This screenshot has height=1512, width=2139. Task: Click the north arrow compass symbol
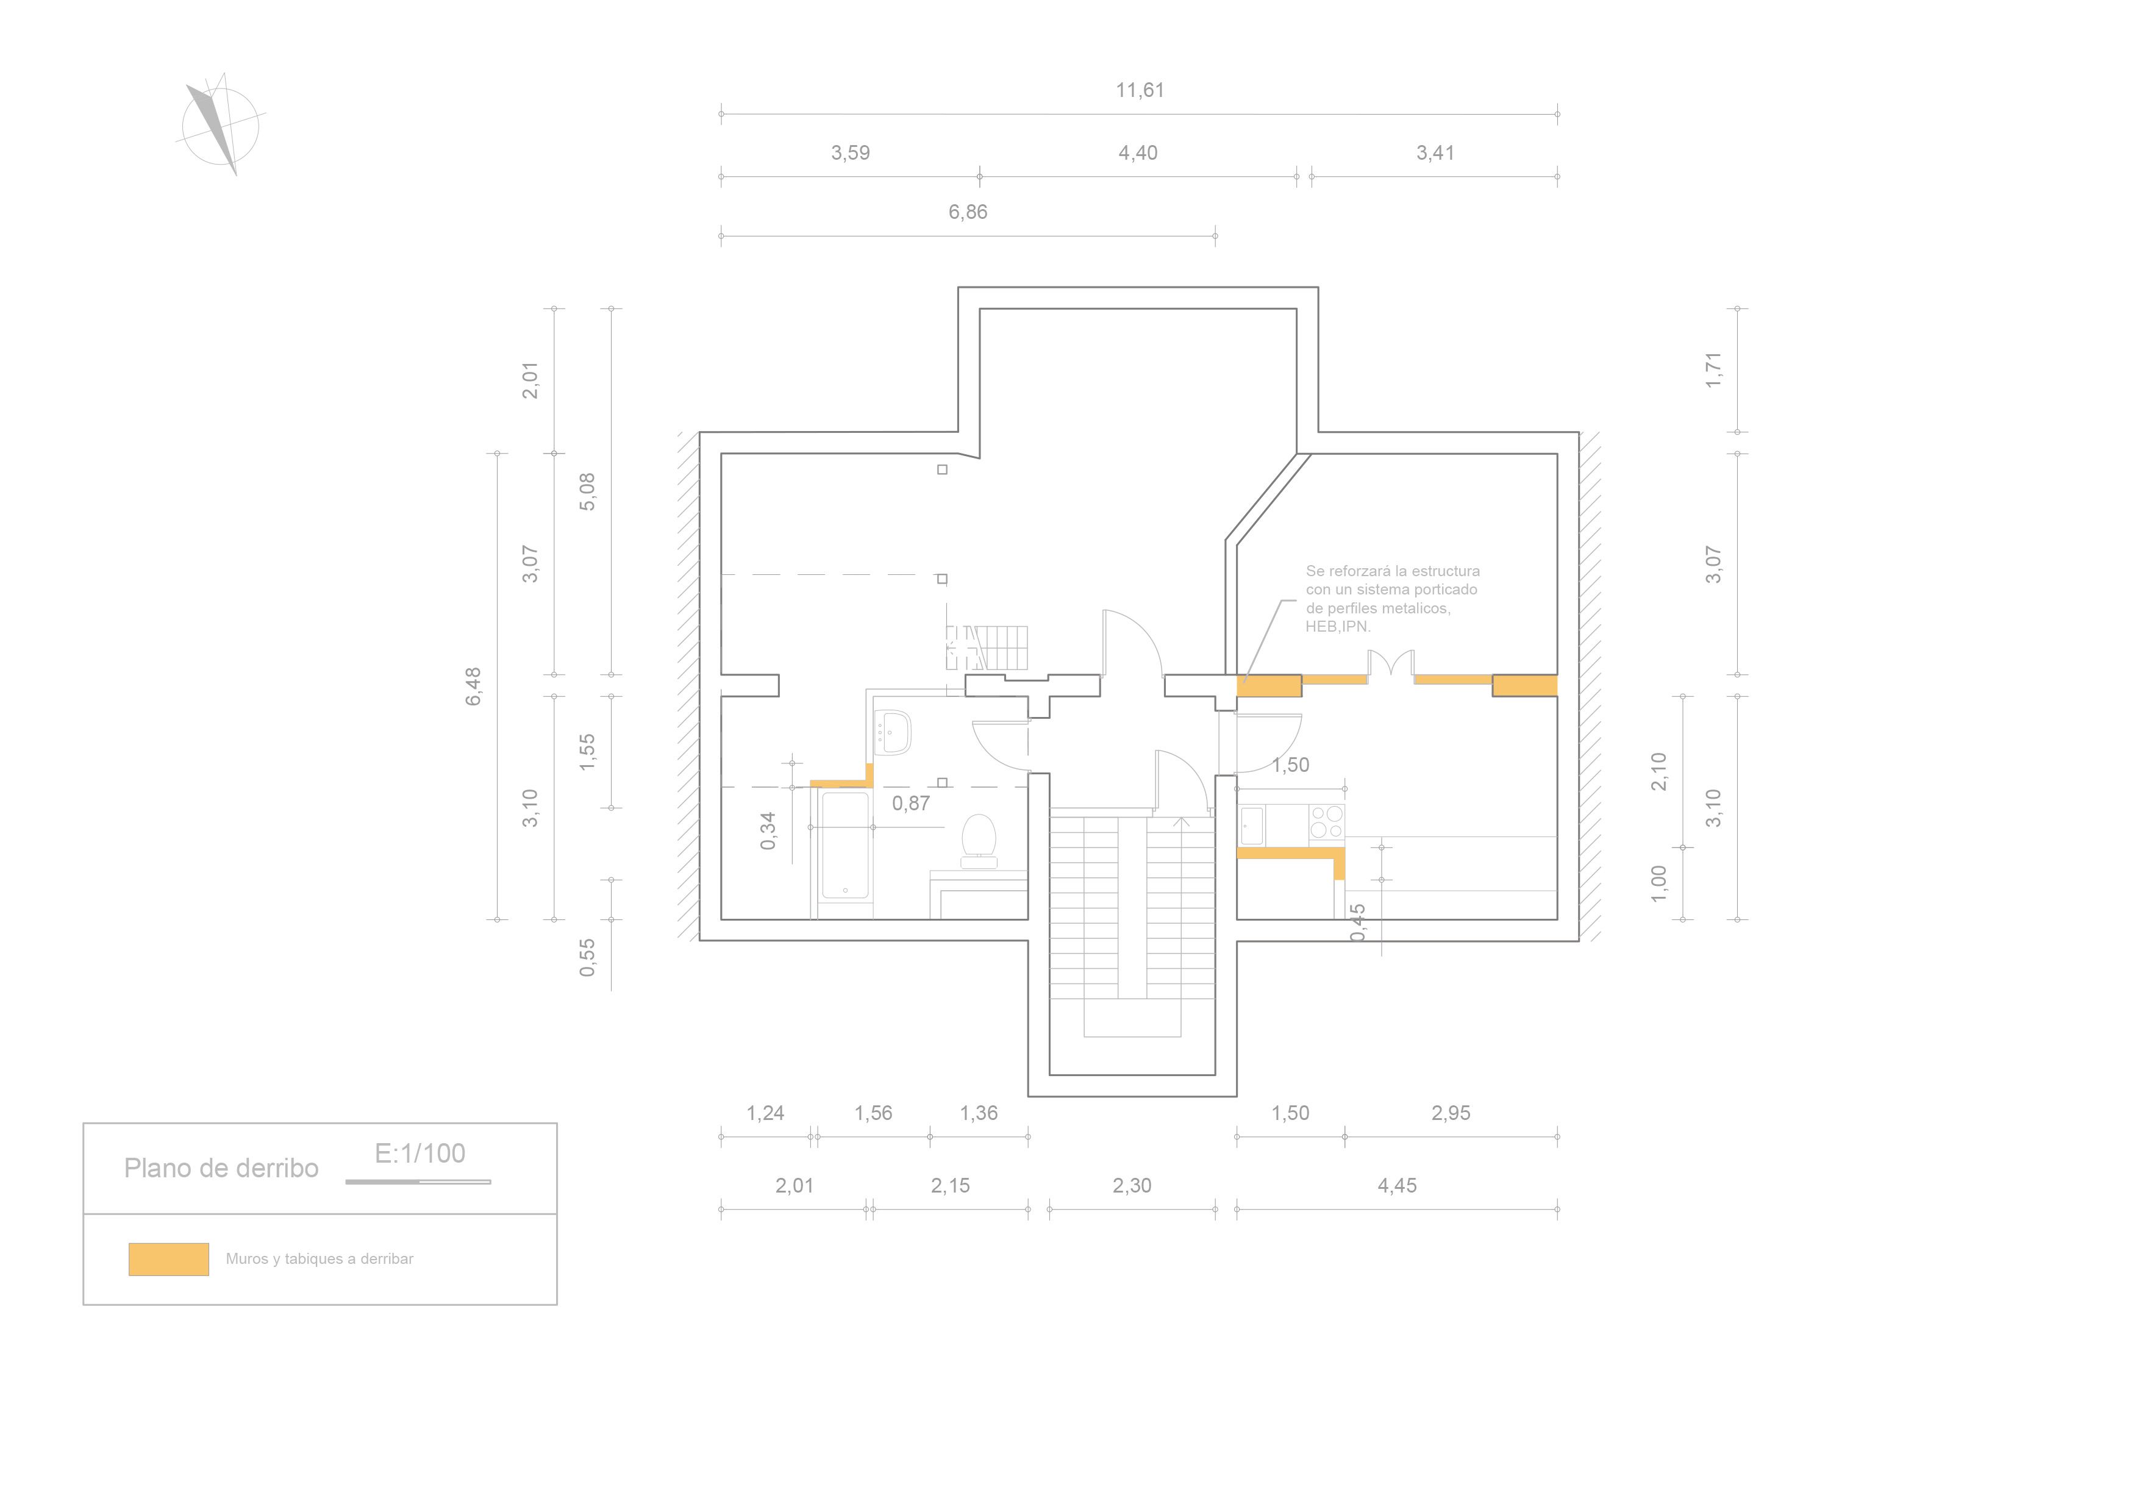tap(220, 125)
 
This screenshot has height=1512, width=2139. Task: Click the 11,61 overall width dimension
tap(1140, 90)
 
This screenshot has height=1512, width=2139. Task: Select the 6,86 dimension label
tap(968, 212)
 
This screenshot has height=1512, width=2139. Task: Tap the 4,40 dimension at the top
tap(1138, 153)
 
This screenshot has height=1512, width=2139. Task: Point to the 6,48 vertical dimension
tap(473, 686)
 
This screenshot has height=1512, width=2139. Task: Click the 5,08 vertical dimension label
tap(587, 492)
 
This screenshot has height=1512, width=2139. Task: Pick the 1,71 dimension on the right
tap(1713, 370)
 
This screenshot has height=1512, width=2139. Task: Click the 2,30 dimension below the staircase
tap(1132, 1186)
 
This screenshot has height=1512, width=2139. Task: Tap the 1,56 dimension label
tap(873, 1113)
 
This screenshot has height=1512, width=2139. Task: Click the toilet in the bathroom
tap(978, 841)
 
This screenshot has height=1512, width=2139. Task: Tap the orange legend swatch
tap(169, 1260)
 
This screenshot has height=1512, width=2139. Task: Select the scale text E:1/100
tap(420, 1154)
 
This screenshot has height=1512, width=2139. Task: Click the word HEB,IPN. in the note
tap(1338, 627)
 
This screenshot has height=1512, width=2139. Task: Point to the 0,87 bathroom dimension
tap(910, 803)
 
